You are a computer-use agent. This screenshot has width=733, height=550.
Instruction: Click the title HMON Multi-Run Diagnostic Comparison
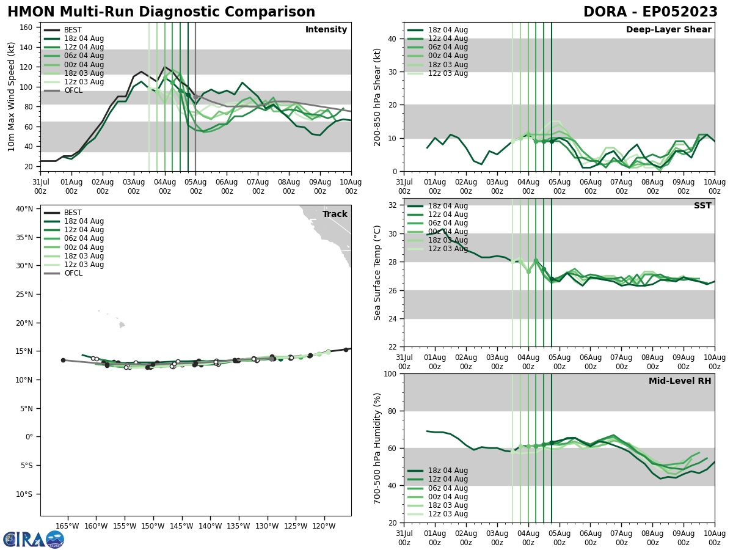[x=161, y=12]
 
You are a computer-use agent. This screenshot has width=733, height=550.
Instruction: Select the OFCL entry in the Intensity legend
[x=73, y=90]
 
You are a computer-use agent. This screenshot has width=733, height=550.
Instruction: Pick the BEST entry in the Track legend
[x=73, y=213]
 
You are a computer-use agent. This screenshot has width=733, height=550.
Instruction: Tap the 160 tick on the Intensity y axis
[x=27, y=28]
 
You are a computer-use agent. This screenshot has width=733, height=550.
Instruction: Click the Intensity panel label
[x=326, y=30]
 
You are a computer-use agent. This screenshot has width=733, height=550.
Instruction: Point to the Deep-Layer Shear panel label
[x=668, y=30]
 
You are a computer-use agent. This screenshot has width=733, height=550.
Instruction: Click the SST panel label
[x=702, y=206]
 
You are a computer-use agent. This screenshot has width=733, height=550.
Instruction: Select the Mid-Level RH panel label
[x=680, y=381]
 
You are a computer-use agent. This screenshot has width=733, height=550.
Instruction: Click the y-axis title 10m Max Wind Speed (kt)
[x=12, y=97]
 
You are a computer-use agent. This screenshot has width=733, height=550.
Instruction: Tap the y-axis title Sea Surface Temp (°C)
[x=377, y=273]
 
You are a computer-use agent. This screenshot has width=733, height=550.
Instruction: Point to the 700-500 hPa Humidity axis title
[x=377, y=448]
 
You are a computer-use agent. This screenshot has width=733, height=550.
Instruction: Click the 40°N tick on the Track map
[x=24, y=209]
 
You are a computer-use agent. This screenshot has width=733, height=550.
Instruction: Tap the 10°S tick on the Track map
[x=24, y=494]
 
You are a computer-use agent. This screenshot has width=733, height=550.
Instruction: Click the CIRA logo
[x=34, y=540]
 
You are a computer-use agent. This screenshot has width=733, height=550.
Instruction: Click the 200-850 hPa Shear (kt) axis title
[x=377, y=97]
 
